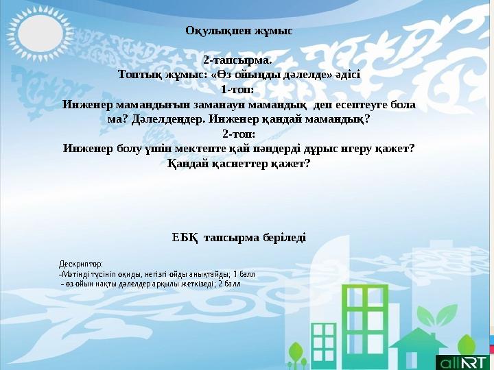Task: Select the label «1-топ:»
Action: click(239, 89)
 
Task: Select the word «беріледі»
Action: click(283, 238)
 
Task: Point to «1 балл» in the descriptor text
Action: click(244, 273)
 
